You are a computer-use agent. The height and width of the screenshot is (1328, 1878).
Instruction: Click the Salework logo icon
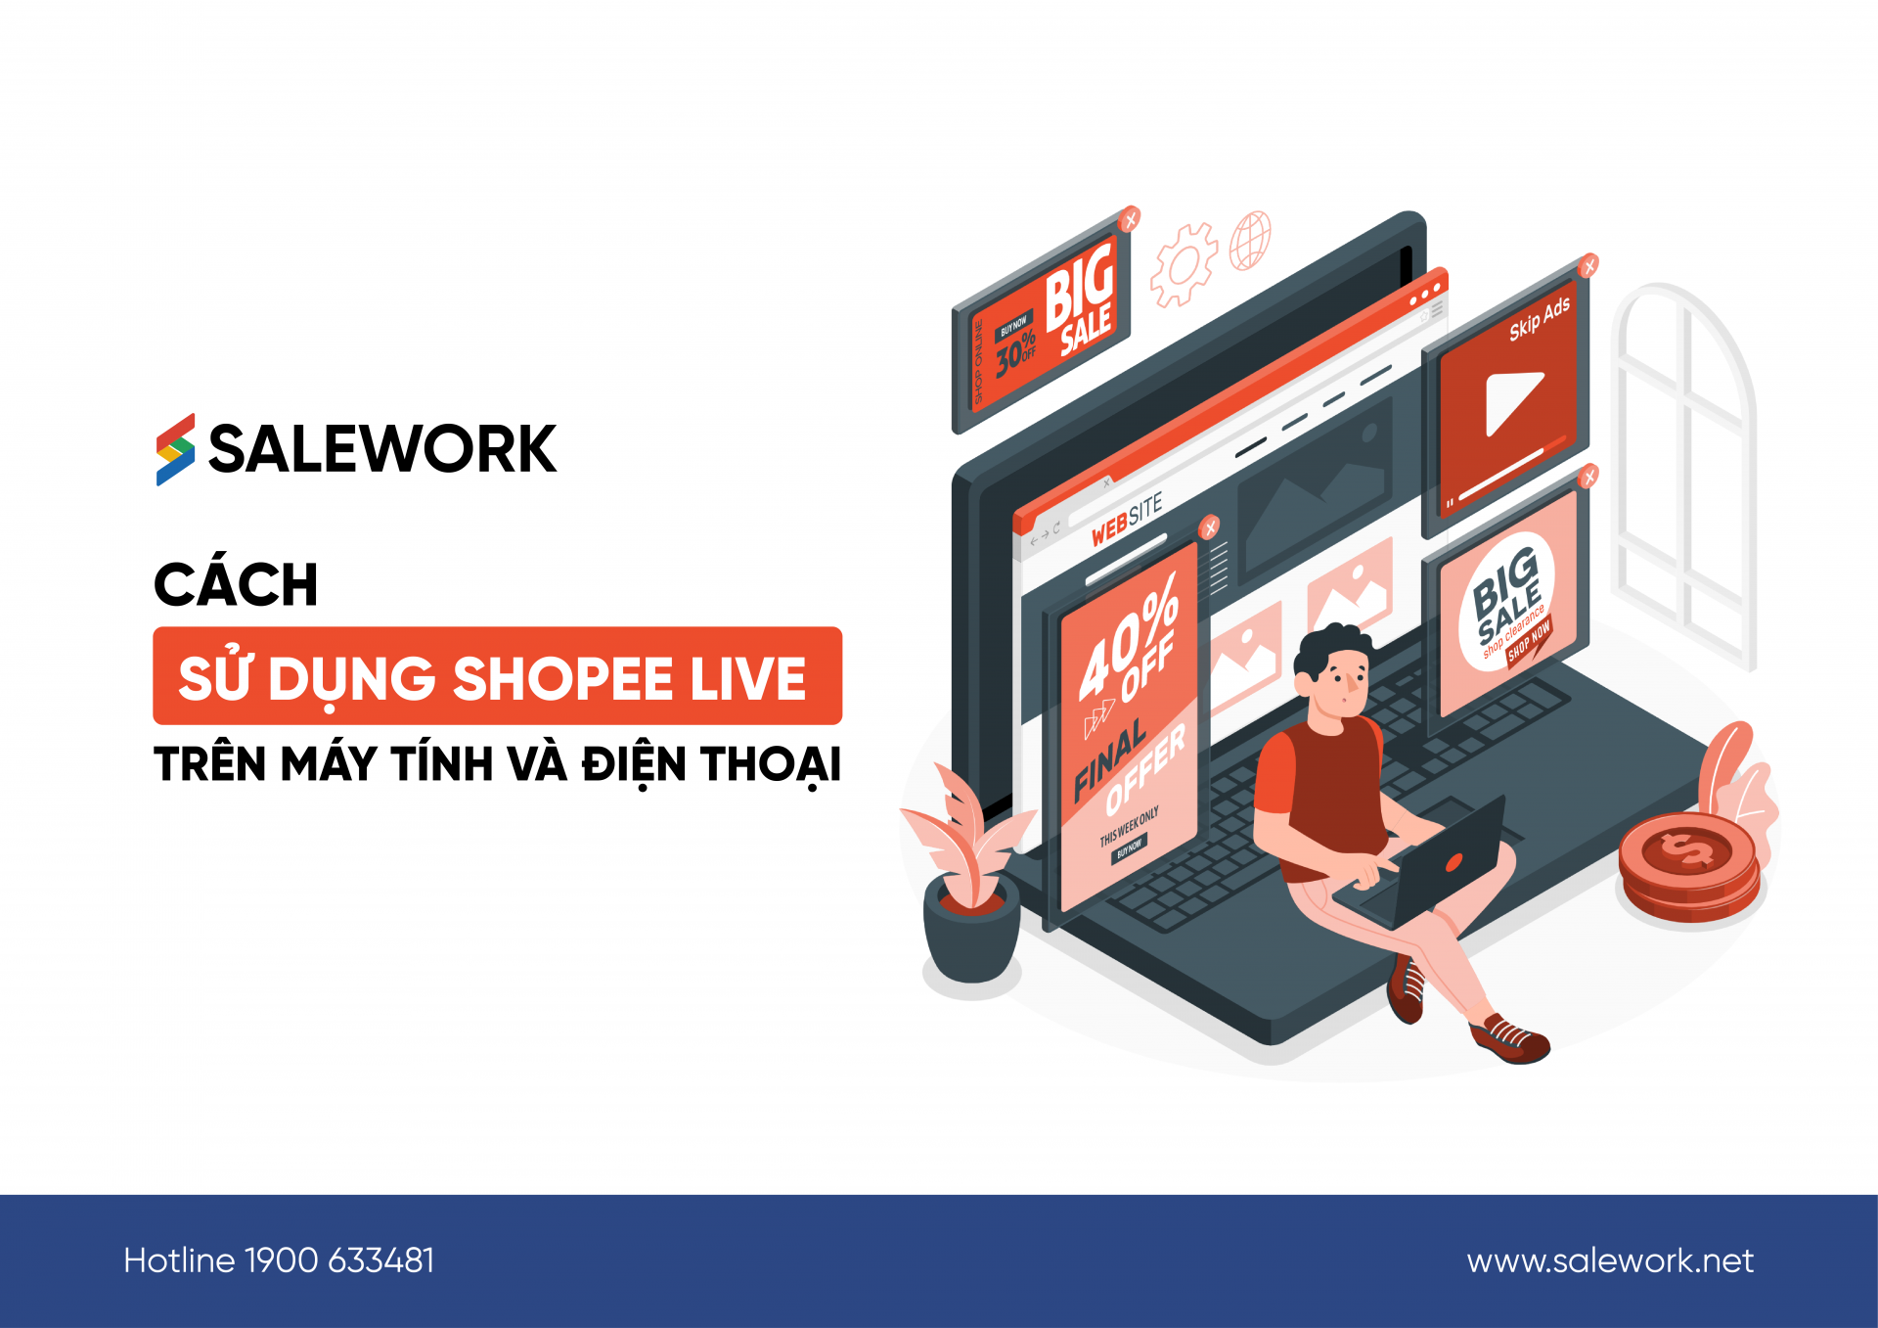175,449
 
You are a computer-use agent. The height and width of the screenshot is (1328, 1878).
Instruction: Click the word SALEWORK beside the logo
382,449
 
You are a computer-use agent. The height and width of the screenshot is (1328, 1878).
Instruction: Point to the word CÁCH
236,584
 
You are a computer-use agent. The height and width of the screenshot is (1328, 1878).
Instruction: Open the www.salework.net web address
1610,1260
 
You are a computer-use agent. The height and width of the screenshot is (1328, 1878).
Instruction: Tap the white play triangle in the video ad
1510,401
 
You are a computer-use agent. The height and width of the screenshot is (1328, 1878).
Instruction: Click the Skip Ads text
1539,318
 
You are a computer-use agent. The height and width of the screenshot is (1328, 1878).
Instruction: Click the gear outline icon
1183,264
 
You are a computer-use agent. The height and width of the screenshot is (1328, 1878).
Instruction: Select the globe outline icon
1249,240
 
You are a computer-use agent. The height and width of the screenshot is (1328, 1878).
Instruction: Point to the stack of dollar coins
1688,866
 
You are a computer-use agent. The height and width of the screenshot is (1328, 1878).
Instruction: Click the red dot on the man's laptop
1454,862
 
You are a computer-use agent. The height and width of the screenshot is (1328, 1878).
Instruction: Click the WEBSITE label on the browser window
1127,520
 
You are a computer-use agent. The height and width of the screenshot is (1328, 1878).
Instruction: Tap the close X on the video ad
1589,265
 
